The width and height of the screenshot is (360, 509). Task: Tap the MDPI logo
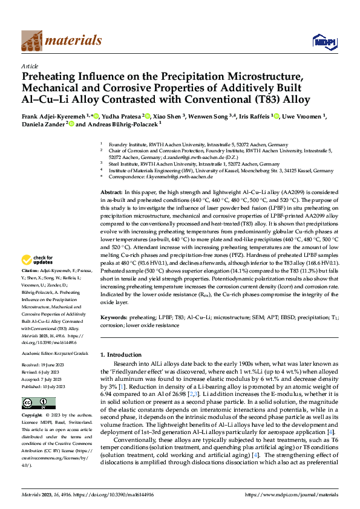click(321, 41)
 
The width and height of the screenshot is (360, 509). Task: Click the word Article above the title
click(30, 66)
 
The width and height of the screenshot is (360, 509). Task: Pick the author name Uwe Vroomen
click(301, 115)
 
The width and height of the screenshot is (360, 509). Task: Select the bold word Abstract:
click(111, 191)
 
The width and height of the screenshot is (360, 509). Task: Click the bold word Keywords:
click(114, 316)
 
